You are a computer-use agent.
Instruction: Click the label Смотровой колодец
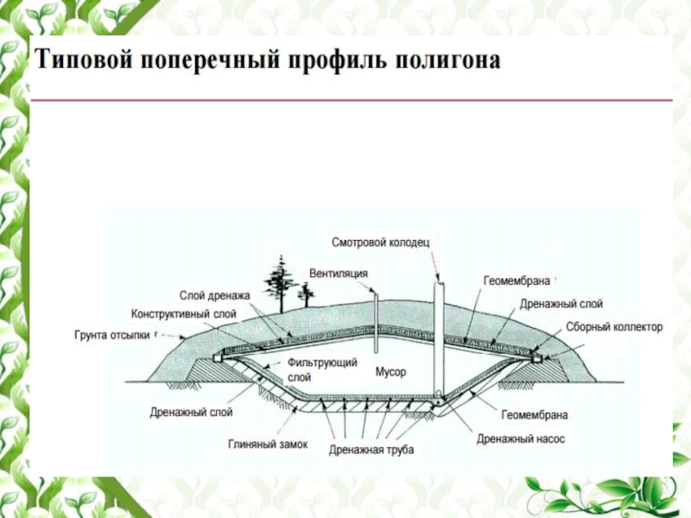(x=380, y=243)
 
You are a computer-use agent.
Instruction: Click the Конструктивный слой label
(x=183, y=313)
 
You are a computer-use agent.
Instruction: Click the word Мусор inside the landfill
(x=390, y=372)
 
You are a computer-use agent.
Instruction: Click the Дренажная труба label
(x=371, y=451)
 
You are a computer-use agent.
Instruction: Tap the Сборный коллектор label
(x=614, y=327)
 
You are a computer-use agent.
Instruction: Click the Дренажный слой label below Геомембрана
(x=561, y=304)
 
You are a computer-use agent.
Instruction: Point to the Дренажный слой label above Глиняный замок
(x=191, y=412)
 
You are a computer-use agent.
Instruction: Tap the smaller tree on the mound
(x=306, y=296)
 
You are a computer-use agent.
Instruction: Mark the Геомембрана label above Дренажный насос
(x=534, y=415)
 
